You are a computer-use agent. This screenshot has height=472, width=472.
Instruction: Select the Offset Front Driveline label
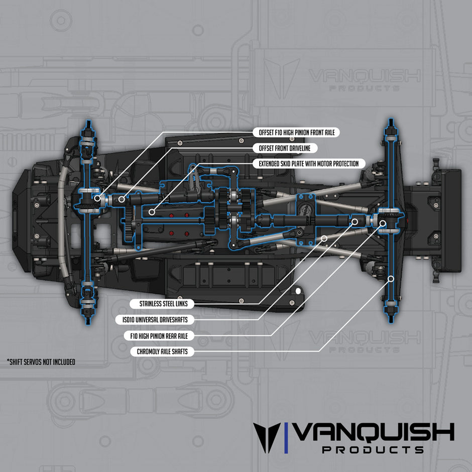click(x=285, y=148)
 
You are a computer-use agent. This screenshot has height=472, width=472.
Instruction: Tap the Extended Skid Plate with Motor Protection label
click(x=308, y=164)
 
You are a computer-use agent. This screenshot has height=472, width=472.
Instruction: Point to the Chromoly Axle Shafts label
click(x=162, y=351)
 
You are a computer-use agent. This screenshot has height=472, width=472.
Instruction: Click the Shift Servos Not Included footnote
click(x=41, y=361)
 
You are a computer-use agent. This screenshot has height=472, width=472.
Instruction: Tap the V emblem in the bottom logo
click(x=267, y=437)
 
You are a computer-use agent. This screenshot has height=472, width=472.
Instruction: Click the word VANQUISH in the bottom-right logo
click(x=374, y=432)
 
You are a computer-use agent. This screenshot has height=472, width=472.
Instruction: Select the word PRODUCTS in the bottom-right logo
click(x=373, y=449)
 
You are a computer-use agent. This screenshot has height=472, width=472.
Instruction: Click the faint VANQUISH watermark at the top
click(x=364, y=76)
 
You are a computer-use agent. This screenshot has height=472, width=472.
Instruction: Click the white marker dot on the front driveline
click(x=122, y=199)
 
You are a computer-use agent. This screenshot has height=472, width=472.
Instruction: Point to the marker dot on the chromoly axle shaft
click(x=390, y=278)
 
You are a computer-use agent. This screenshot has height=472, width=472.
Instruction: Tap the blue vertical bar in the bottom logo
click(x=286, y=437)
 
